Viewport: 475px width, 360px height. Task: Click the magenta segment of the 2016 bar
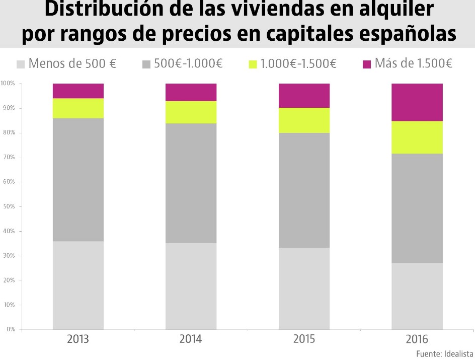point(417,102)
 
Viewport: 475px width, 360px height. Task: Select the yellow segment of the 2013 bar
point(78,108)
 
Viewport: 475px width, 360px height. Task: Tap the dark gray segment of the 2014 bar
point(191,183)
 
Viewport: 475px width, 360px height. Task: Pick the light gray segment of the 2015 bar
point(304,289)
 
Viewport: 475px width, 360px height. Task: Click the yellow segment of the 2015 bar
point(304,120)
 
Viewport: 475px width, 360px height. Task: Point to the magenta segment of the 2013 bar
point(78,91)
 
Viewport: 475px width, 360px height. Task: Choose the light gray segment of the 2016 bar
point(417,296)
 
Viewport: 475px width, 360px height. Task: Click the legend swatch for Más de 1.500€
point(366,64)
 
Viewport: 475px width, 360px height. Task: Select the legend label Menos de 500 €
point(72,64)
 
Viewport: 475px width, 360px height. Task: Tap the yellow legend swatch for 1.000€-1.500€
point(253,64)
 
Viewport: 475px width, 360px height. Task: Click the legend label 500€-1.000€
point(188,64)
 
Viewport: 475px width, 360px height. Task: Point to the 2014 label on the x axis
point(191,339)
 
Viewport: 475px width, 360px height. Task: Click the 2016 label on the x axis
point(417,339)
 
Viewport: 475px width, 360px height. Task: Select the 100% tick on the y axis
point(8,83)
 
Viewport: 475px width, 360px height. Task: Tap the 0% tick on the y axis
point(10,329)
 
